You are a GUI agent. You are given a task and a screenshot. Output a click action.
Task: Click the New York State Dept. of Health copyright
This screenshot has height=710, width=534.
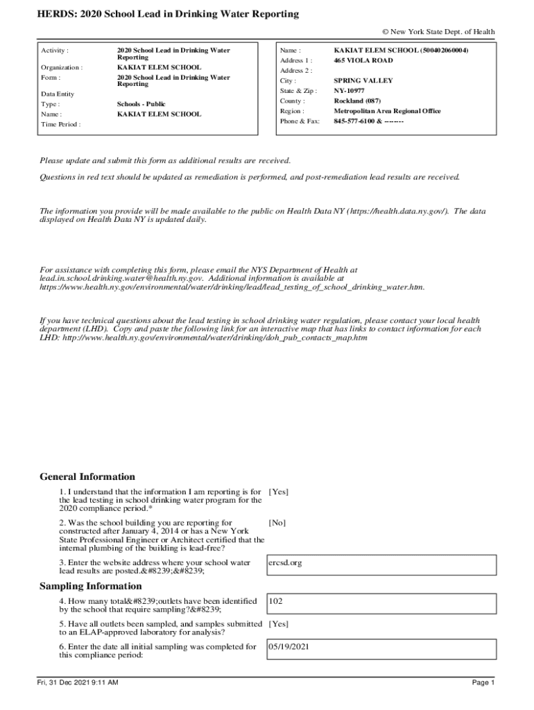(x=438, y=32)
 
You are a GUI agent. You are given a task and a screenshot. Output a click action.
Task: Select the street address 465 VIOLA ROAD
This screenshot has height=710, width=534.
(x=363, y=60)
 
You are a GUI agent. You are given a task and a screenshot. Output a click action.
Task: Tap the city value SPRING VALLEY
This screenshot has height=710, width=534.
(x=363, y=80)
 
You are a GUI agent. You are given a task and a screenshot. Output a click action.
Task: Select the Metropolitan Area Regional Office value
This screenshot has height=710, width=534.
(x=397, y=111)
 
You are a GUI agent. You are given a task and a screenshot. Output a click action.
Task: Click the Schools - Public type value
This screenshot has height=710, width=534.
(x=141, y=104)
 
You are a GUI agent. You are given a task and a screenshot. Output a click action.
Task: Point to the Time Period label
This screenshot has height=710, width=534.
(x=60, y=124)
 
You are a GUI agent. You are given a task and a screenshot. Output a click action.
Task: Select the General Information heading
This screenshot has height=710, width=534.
(x=87, y=477)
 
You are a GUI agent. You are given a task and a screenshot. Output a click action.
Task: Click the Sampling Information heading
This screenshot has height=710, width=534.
(x=90, y=587)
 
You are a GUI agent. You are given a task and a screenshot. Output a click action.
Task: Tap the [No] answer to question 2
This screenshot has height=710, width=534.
(x=277, y=523)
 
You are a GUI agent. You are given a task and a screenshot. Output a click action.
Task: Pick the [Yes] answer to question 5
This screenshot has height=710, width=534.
(x=278, y=623)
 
